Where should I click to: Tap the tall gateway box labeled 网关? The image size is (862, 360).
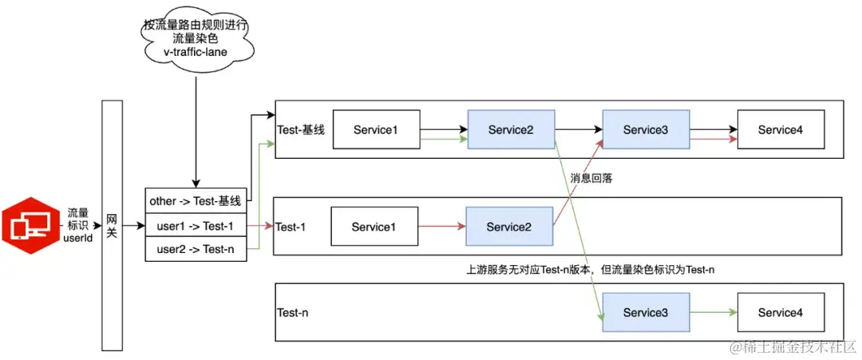tap(113, 225)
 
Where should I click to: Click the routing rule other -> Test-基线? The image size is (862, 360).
tap(196, 201)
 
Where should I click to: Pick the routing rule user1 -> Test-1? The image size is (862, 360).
tap(196, 226)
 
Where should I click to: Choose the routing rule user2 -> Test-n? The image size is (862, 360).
tap(196, 250)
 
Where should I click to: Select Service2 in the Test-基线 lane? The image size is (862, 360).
tap(510, 130)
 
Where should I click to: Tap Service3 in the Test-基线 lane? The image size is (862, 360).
tap(645, 129)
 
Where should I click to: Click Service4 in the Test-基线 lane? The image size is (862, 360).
tap(780, 130)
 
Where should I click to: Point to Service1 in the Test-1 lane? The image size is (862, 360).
tap(374, 227)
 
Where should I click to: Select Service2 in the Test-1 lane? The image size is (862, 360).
tap(510, 227)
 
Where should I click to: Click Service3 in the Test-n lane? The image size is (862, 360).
tap(645, 312)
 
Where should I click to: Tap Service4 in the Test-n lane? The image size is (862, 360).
tap(780, 312)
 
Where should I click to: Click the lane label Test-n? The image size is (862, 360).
tap(292, 313)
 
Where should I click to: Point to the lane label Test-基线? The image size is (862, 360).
tap(300, 130)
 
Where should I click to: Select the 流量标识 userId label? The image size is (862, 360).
tap(79, 226)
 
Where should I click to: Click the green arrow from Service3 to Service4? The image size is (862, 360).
tap(712, 312)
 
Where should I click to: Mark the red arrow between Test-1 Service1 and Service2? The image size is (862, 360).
tap(442, 227)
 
